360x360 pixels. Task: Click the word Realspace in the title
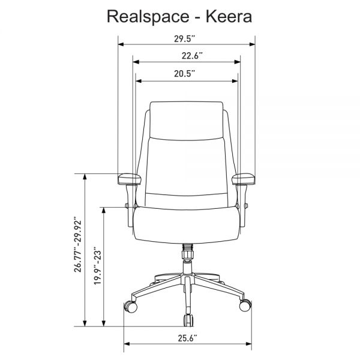tap(148, 17)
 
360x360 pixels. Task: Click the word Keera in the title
tap(229, 17)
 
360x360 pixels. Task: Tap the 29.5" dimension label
tap(184, 39)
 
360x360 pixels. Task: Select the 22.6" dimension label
tap(192, 56)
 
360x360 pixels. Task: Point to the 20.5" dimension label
tap(184, 74)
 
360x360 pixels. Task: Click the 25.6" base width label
tap(188, 338)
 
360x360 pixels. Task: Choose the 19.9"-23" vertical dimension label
tap(97, 266)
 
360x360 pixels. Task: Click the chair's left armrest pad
tap(129, 179)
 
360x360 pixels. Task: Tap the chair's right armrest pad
tap(244, 179)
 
